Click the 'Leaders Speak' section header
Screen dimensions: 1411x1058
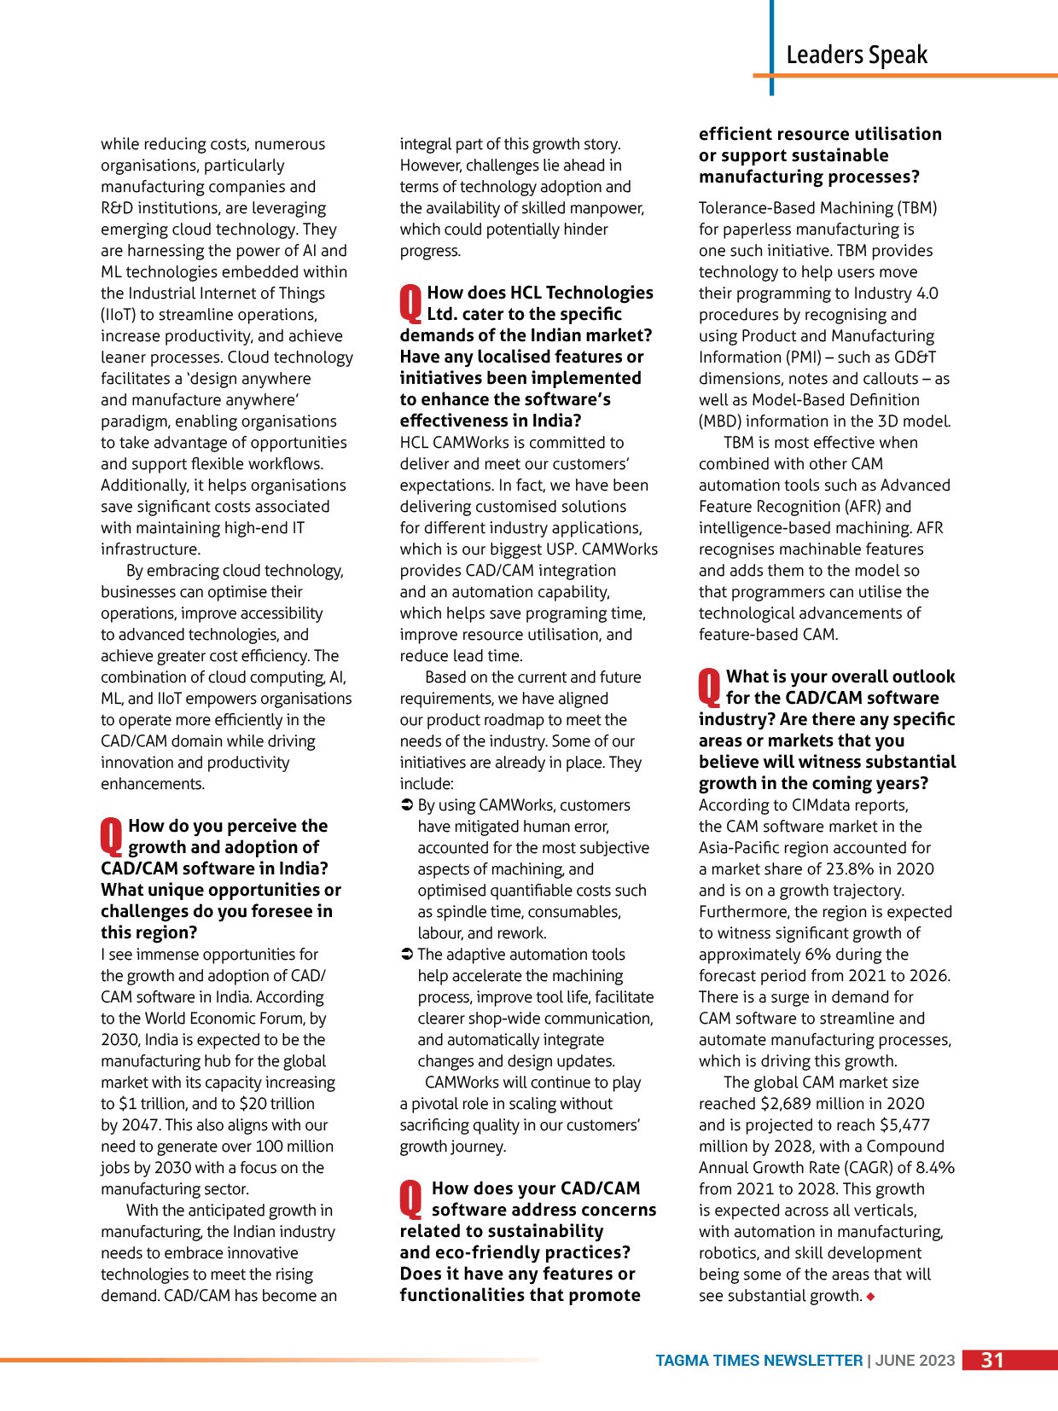856,55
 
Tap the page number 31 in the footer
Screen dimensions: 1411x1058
992,1360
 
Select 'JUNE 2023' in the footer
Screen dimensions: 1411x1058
915,1361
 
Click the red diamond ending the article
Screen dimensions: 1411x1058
870,1297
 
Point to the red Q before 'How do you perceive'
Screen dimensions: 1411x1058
112,836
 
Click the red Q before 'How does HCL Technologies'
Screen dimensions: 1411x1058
410,303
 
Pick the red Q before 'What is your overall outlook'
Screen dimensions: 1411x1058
710,687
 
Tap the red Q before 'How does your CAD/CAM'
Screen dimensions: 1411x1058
411,1199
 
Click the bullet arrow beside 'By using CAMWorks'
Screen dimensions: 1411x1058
407,805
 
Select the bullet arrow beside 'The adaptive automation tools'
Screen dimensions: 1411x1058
407,955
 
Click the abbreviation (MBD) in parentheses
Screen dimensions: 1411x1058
722,421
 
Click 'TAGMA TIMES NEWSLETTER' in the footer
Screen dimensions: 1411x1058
759,1361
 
